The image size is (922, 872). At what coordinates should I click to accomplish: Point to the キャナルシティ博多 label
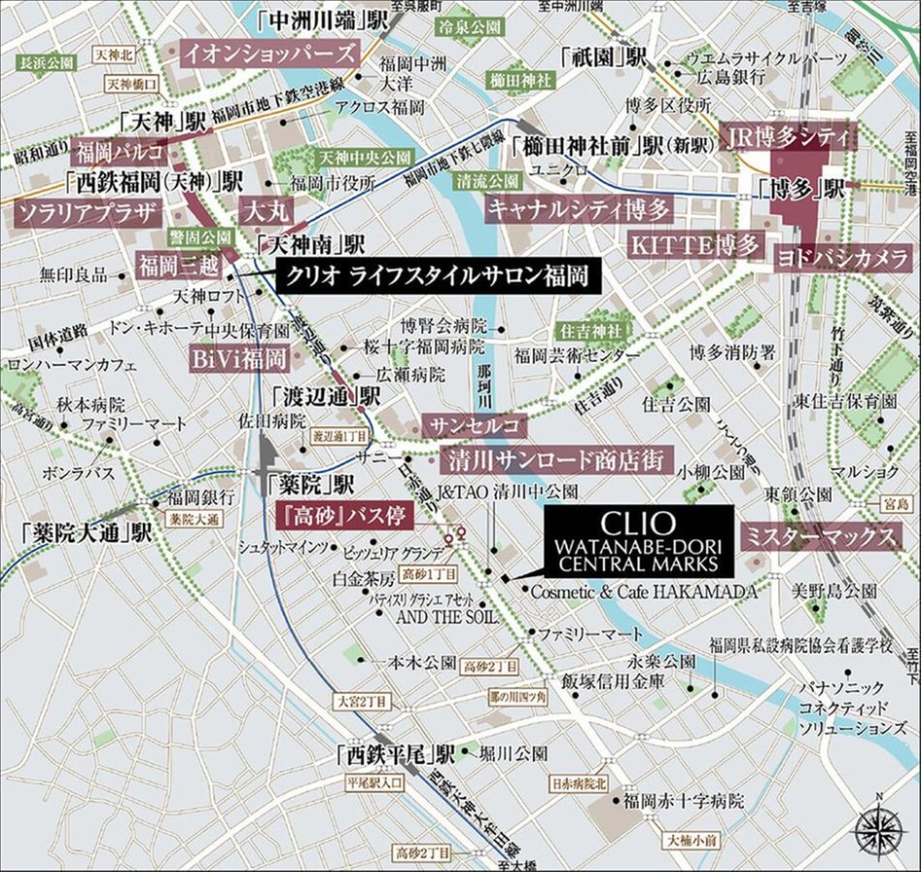coord(580,208)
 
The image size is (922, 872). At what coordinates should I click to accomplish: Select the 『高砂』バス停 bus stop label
coord(340,514)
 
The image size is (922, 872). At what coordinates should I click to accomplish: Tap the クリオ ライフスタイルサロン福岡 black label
coord(435,276)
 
